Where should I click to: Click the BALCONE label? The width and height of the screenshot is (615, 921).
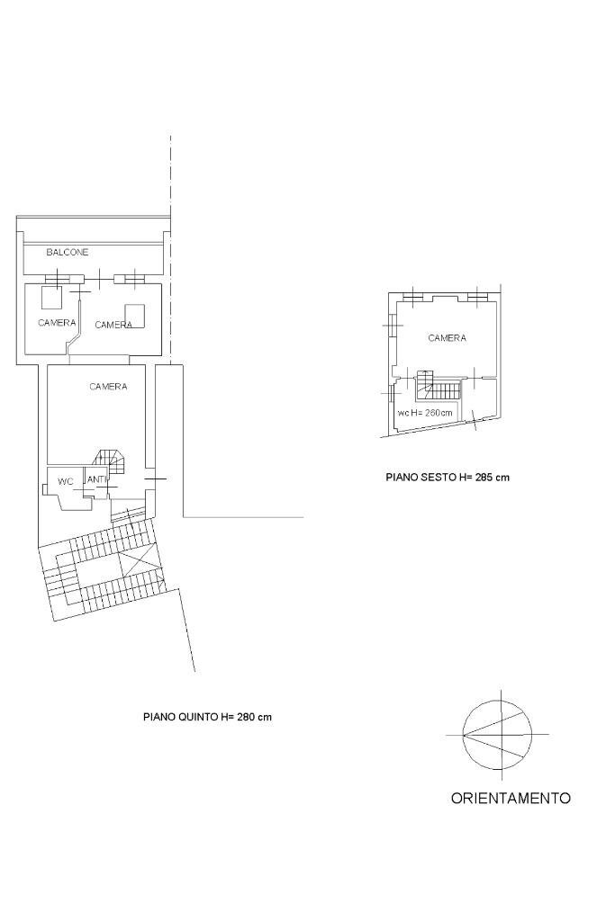click(68, 253)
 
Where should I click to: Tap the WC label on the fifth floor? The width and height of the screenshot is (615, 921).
click(65, 482)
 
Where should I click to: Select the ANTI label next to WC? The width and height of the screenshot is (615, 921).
click(96, 479)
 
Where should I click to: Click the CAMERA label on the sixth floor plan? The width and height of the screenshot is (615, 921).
click(447, 338)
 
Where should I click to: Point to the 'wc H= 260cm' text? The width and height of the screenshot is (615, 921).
click(426, 413)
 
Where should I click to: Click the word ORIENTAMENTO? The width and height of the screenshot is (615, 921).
click(510, 798)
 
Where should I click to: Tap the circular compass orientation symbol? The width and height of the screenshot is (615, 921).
click(498, 735)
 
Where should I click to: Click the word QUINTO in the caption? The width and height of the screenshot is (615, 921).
click(195, 717)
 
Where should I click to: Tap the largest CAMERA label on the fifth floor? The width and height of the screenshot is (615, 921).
click(108, 387)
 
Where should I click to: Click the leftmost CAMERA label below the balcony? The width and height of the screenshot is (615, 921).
click(57, 322)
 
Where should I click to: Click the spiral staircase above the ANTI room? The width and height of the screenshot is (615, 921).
click(112, 460)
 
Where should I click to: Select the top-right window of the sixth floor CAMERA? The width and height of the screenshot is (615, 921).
click(477, 295)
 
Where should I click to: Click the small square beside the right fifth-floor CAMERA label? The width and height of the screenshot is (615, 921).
click(135, 315)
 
